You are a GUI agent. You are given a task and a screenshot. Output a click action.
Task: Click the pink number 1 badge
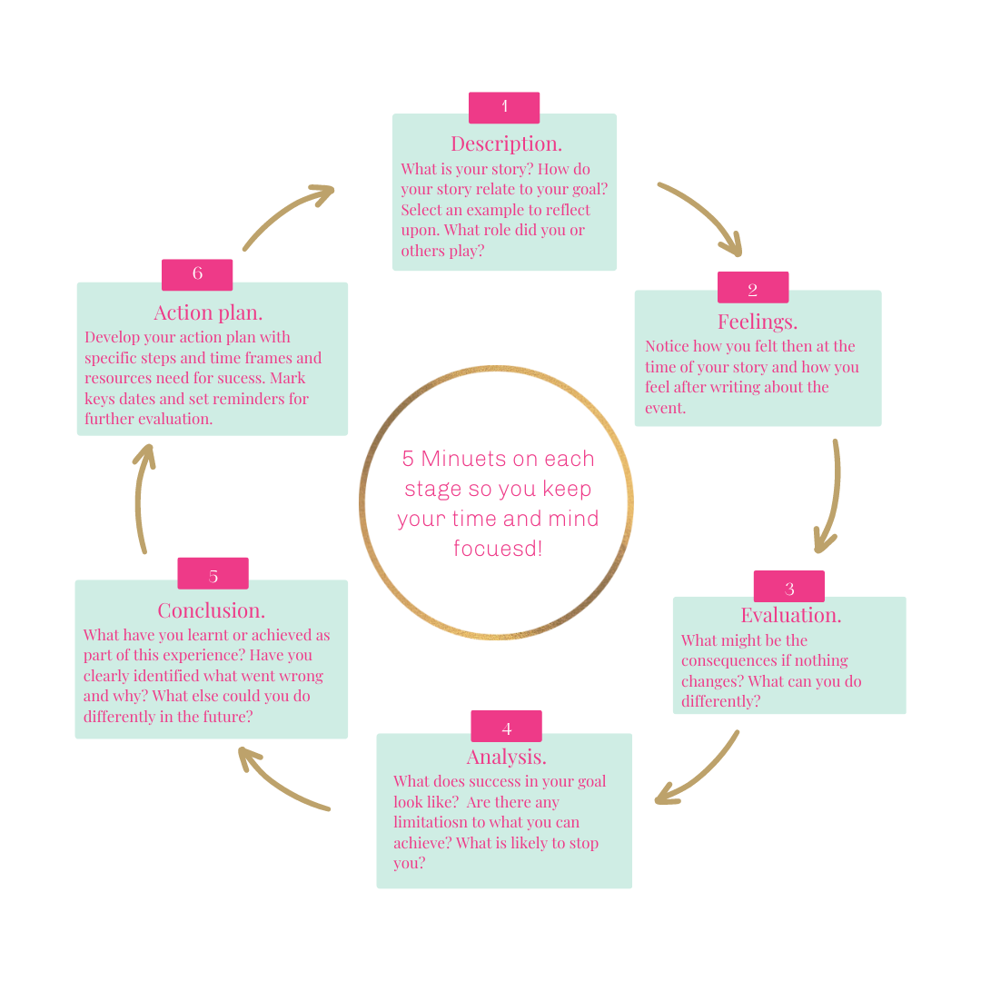[504, 107]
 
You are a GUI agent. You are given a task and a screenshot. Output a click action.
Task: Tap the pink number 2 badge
[753, 288]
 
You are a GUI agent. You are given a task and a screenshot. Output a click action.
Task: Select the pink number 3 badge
[789, 587]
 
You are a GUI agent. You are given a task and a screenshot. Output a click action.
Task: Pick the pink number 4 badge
[506, 727]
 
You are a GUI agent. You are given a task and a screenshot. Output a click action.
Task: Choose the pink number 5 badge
[213, 574]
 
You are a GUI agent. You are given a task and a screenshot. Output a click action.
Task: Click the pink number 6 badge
[197, 274]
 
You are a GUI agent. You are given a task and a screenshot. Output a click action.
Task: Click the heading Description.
[506, 144]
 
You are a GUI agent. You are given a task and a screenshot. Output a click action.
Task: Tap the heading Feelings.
[758, 322]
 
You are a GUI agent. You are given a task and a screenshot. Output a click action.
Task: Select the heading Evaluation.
[790, 615]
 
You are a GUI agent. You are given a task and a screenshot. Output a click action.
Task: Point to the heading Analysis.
[506, 757]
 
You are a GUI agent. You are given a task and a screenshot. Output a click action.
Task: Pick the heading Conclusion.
[212, 610]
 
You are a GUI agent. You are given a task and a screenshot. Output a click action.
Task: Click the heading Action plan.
[208, 312]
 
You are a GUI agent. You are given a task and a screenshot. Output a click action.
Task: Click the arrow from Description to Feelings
[704, 214]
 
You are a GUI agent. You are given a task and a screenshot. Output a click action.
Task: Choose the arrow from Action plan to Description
[286, 214]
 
